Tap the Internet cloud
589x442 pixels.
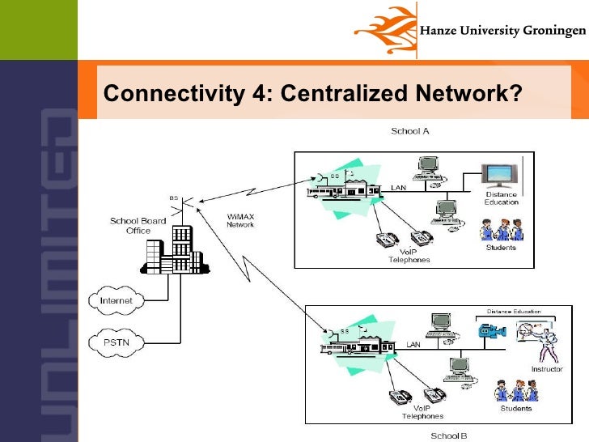tap(116, 300)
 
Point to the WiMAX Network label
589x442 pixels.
tap(240, 219)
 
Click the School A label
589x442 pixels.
tap(410, 130)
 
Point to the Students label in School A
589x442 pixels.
tap(501, 248)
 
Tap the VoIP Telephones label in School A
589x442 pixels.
tap(409, 256)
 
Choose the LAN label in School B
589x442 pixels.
tap(413, 344)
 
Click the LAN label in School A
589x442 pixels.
tap(399, 187)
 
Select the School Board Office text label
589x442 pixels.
tap(138, 226)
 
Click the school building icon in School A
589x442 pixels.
tap(343, 187)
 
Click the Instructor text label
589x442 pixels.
tap(546, 369)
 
